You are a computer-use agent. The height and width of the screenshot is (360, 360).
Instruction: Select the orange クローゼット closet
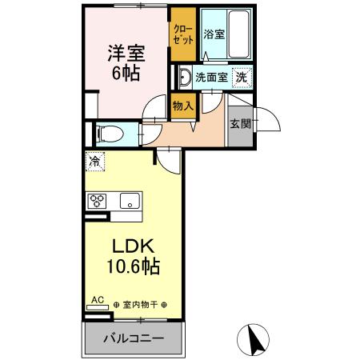[x=182, y=34]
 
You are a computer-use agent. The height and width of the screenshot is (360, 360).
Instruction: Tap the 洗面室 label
[x=211, y=78]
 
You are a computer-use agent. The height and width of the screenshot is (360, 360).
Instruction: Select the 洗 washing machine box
[x=242, y=78]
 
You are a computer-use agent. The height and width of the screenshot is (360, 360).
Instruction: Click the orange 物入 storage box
[x=182, y=105]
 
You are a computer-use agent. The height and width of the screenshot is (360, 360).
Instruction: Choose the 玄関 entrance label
[x=239, y=123]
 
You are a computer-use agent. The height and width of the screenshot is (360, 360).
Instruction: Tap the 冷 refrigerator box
[x=95, y=161]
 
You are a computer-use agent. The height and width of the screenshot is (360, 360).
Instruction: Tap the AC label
[x=97, y=300]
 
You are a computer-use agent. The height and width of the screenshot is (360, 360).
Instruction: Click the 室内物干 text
[x=139, y=305]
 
